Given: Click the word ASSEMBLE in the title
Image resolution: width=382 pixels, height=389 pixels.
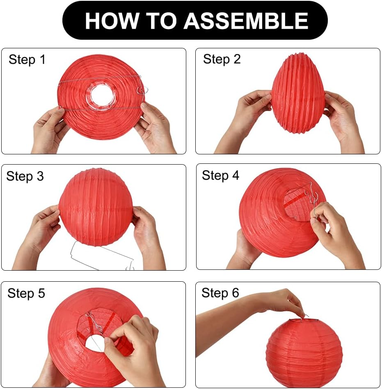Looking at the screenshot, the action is pos(246,20).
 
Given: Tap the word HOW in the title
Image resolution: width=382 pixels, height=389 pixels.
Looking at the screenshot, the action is pos(112,20).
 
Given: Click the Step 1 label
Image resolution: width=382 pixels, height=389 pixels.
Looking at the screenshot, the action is pos(27,60).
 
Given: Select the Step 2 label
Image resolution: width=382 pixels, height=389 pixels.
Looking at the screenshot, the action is pos(222,59).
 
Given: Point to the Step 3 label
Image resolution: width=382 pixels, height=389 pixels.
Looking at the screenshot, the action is pos(25,176).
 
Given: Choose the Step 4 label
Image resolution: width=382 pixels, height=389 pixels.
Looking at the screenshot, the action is pos(221,175).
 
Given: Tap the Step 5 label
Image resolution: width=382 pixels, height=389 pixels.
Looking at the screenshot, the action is pos(26,293).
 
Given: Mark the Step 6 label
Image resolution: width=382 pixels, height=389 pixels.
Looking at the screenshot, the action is pos(220,293).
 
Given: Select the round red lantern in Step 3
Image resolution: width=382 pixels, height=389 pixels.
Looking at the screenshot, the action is pos(96,207).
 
